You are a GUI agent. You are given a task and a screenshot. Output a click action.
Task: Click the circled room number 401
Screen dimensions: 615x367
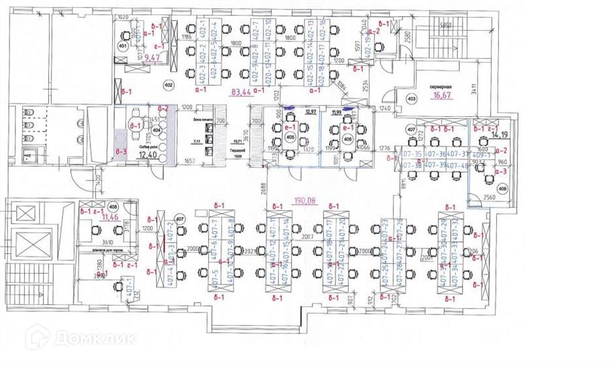[x=123, y=46]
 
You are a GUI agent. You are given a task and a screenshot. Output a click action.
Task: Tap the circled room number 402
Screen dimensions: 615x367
[x=168, y=85]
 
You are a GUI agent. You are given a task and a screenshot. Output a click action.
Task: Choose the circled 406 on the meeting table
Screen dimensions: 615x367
[x=348, y=139]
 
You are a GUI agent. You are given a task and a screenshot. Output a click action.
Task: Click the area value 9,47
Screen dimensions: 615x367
[x=154, y=59]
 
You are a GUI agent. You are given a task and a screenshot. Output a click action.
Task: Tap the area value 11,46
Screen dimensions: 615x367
[x=110, y=218]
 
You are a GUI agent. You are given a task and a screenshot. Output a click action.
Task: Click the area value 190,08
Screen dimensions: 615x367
[x=308, y=200]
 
